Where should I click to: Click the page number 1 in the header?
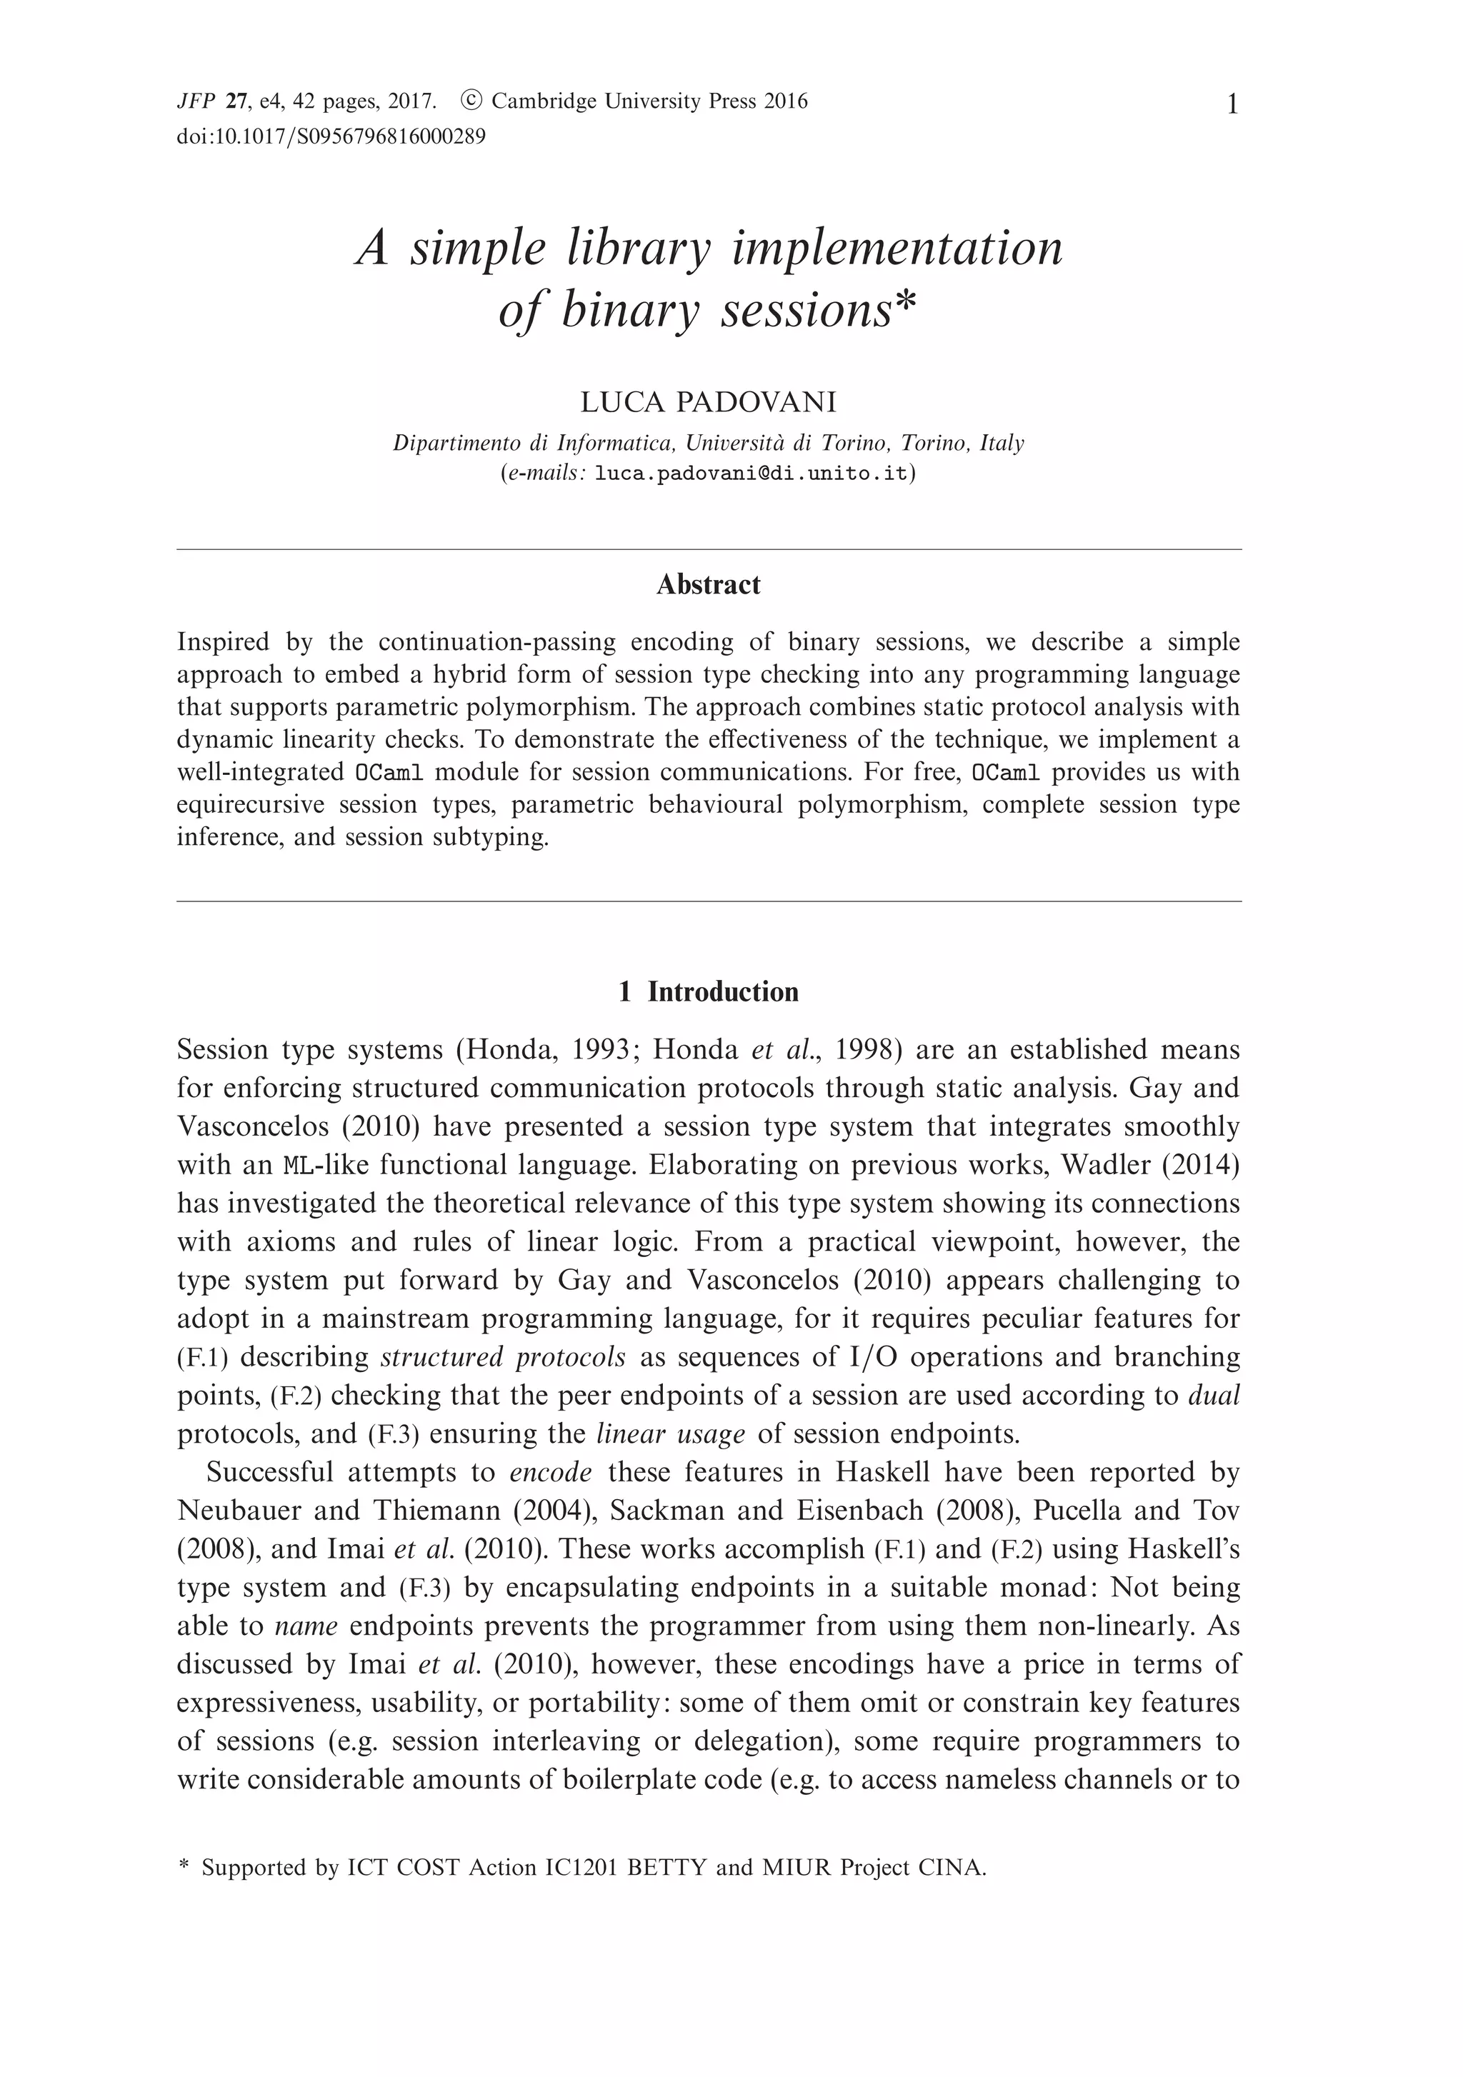1232,106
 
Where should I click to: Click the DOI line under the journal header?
331,136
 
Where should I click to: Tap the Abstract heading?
709,584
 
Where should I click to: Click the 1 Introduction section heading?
709,991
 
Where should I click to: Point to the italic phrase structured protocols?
503,1357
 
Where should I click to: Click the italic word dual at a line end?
1214,1395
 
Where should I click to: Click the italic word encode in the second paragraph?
551,1473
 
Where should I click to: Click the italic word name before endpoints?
306,1626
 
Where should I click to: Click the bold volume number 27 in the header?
237,101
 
